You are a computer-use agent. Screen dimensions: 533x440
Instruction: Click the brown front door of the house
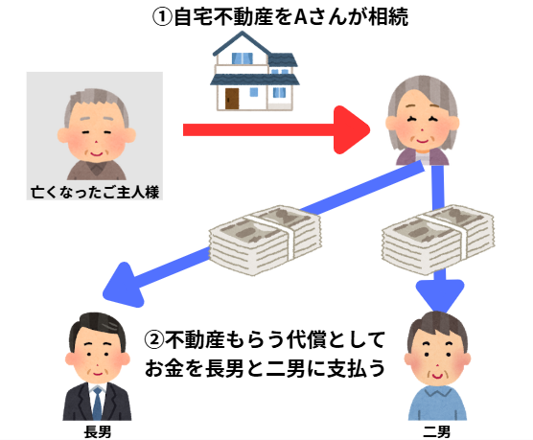pos(232,99)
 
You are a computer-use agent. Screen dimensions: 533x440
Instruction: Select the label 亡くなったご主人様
pos(95,193)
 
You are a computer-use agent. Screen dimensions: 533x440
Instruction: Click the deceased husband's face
pos(96,132)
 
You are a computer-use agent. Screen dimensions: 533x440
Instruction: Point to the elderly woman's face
pos(423,125)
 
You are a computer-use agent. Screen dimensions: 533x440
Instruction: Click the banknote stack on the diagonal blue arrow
pos(266,239)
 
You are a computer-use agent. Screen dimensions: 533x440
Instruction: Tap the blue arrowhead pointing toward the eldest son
pos(124,285)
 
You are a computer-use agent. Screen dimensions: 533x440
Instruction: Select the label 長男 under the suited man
pos(98,432)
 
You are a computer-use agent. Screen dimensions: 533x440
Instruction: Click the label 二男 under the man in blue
pos(437,432)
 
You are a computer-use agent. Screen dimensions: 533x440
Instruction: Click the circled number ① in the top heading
pos(162,17)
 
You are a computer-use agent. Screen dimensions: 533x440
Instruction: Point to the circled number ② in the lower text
pos(154,339)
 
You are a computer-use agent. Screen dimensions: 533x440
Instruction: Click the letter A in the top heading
pos(300,17)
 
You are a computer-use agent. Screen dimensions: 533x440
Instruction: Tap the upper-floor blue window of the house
pos(242,58)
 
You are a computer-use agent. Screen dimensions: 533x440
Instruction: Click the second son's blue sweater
pos(438,404)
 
